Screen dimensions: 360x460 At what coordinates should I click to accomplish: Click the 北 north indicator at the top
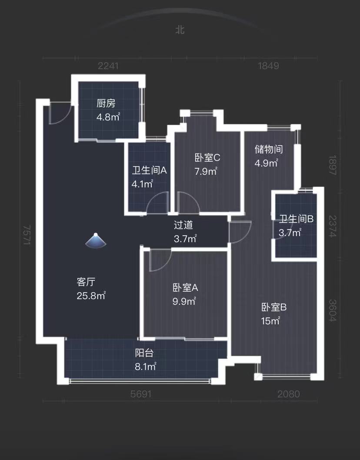[180, 30]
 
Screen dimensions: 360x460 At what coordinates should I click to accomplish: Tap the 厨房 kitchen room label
[106, 103]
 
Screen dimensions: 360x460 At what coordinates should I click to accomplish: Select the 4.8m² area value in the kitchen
[108, 117]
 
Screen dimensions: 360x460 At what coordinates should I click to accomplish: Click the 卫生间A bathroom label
[149, 170]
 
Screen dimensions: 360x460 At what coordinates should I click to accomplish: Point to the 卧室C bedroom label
[207, 157]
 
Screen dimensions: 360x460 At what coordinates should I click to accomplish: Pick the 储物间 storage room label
[268, 149]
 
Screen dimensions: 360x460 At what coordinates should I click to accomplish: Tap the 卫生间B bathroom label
[296, 219]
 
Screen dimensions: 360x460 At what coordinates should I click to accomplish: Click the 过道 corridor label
[183, 225]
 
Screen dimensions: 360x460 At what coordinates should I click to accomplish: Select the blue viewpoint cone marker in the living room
[96, 240]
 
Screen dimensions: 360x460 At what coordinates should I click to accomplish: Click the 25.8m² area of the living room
[91, 295]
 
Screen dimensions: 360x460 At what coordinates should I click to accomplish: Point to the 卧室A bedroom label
[185, 288]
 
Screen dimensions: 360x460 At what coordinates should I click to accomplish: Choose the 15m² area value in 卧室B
[270, 321]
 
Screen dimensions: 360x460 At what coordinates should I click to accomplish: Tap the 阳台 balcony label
[144, 353]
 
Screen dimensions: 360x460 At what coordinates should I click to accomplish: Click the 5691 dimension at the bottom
[141, 394]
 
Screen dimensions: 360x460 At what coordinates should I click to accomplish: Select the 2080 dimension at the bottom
[288, 394]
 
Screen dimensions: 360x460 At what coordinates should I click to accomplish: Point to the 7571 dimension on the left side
[27, 235]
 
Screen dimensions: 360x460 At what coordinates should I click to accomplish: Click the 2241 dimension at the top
[108, 66]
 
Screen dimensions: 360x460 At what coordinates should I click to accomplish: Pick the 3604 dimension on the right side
[333, 310]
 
